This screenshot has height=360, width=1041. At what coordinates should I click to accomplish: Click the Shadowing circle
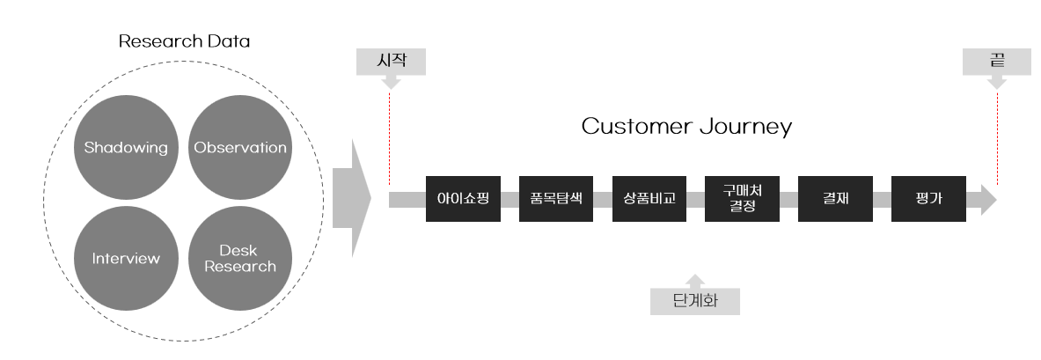[126, 147]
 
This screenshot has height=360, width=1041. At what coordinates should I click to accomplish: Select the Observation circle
[240, 147]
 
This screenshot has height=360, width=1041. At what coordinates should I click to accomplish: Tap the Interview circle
[126, 258]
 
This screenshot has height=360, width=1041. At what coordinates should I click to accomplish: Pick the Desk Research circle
[240, 258]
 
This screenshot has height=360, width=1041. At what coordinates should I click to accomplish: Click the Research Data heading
[184, 41]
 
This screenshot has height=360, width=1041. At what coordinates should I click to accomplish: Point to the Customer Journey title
[686, 127]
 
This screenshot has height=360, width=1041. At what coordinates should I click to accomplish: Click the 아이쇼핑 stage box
[463, 199]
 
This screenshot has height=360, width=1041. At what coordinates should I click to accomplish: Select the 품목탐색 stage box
[556, 199]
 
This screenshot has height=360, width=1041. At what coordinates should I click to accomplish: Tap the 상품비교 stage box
[649, 199]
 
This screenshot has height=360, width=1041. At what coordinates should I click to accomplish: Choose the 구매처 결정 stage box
[742, 199]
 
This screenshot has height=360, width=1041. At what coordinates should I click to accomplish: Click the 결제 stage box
[835, 199]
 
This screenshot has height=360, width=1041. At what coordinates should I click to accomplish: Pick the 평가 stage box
[928, 199]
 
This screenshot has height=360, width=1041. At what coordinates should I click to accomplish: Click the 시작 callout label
[391, 62]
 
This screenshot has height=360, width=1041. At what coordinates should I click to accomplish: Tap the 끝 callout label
[997, 62]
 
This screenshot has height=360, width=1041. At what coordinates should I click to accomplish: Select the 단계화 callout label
[694, 301]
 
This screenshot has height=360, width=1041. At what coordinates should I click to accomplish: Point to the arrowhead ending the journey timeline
[988, 200]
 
